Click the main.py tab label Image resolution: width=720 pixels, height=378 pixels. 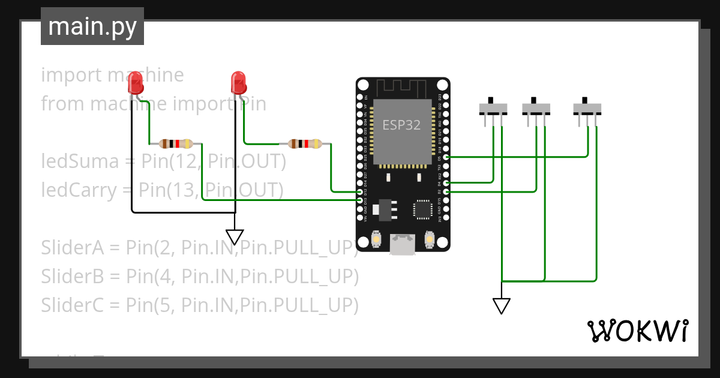(x=92, y=26)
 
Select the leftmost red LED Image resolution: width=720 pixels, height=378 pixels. (x=136, y=82)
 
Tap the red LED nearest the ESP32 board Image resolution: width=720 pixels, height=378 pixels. (x=238, y=82)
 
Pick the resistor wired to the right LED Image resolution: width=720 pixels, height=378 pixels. (x=304, y=143)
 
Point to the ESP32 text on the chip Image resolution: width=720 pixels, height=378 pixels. (x=401, y=125)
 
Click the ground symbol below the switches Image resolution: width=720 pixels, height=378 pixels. (x=501, y=306)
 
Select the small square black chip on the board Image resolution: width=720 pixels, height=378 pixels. (x=422, y=209)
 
